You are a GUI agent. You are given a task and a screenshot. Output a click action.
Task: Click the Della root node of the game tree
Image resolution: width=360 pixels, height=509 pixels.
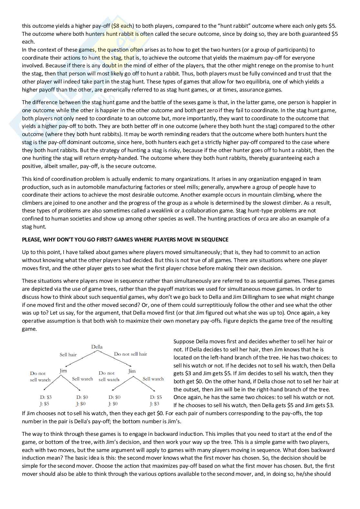[x=97, y=347]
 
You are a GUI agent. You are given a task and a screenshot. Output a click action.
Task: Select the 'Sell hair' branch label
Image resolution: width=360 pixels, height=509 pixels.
[x=68, y=355]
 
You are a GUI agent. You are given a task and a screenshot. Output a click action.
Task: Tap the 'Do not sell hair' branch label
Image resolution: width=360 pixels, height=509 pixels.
[x=130, y=354]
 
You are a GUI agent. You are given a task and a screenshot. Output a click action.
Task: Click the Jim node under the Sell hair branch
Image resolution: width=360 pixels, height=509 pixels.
[x=63, y=371]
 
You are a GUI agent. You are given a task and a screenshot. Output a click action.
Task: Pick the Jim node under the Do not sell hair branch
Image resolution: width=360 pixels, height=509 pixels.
[x=132, y=371]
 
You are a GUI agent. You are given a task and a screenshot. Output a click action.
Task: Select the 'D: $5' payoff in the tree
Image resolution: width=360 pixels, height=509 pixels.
[x=156, y=397]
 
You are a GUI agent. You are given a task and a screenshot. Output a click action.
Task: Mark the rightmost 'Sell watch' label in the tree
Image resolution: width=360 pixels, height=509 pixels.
[x=153, y=379]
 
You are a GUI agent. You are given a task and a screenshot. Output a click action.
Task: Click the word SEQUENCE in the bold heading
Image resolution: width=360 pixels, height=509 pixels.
[x=215, y=240]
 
